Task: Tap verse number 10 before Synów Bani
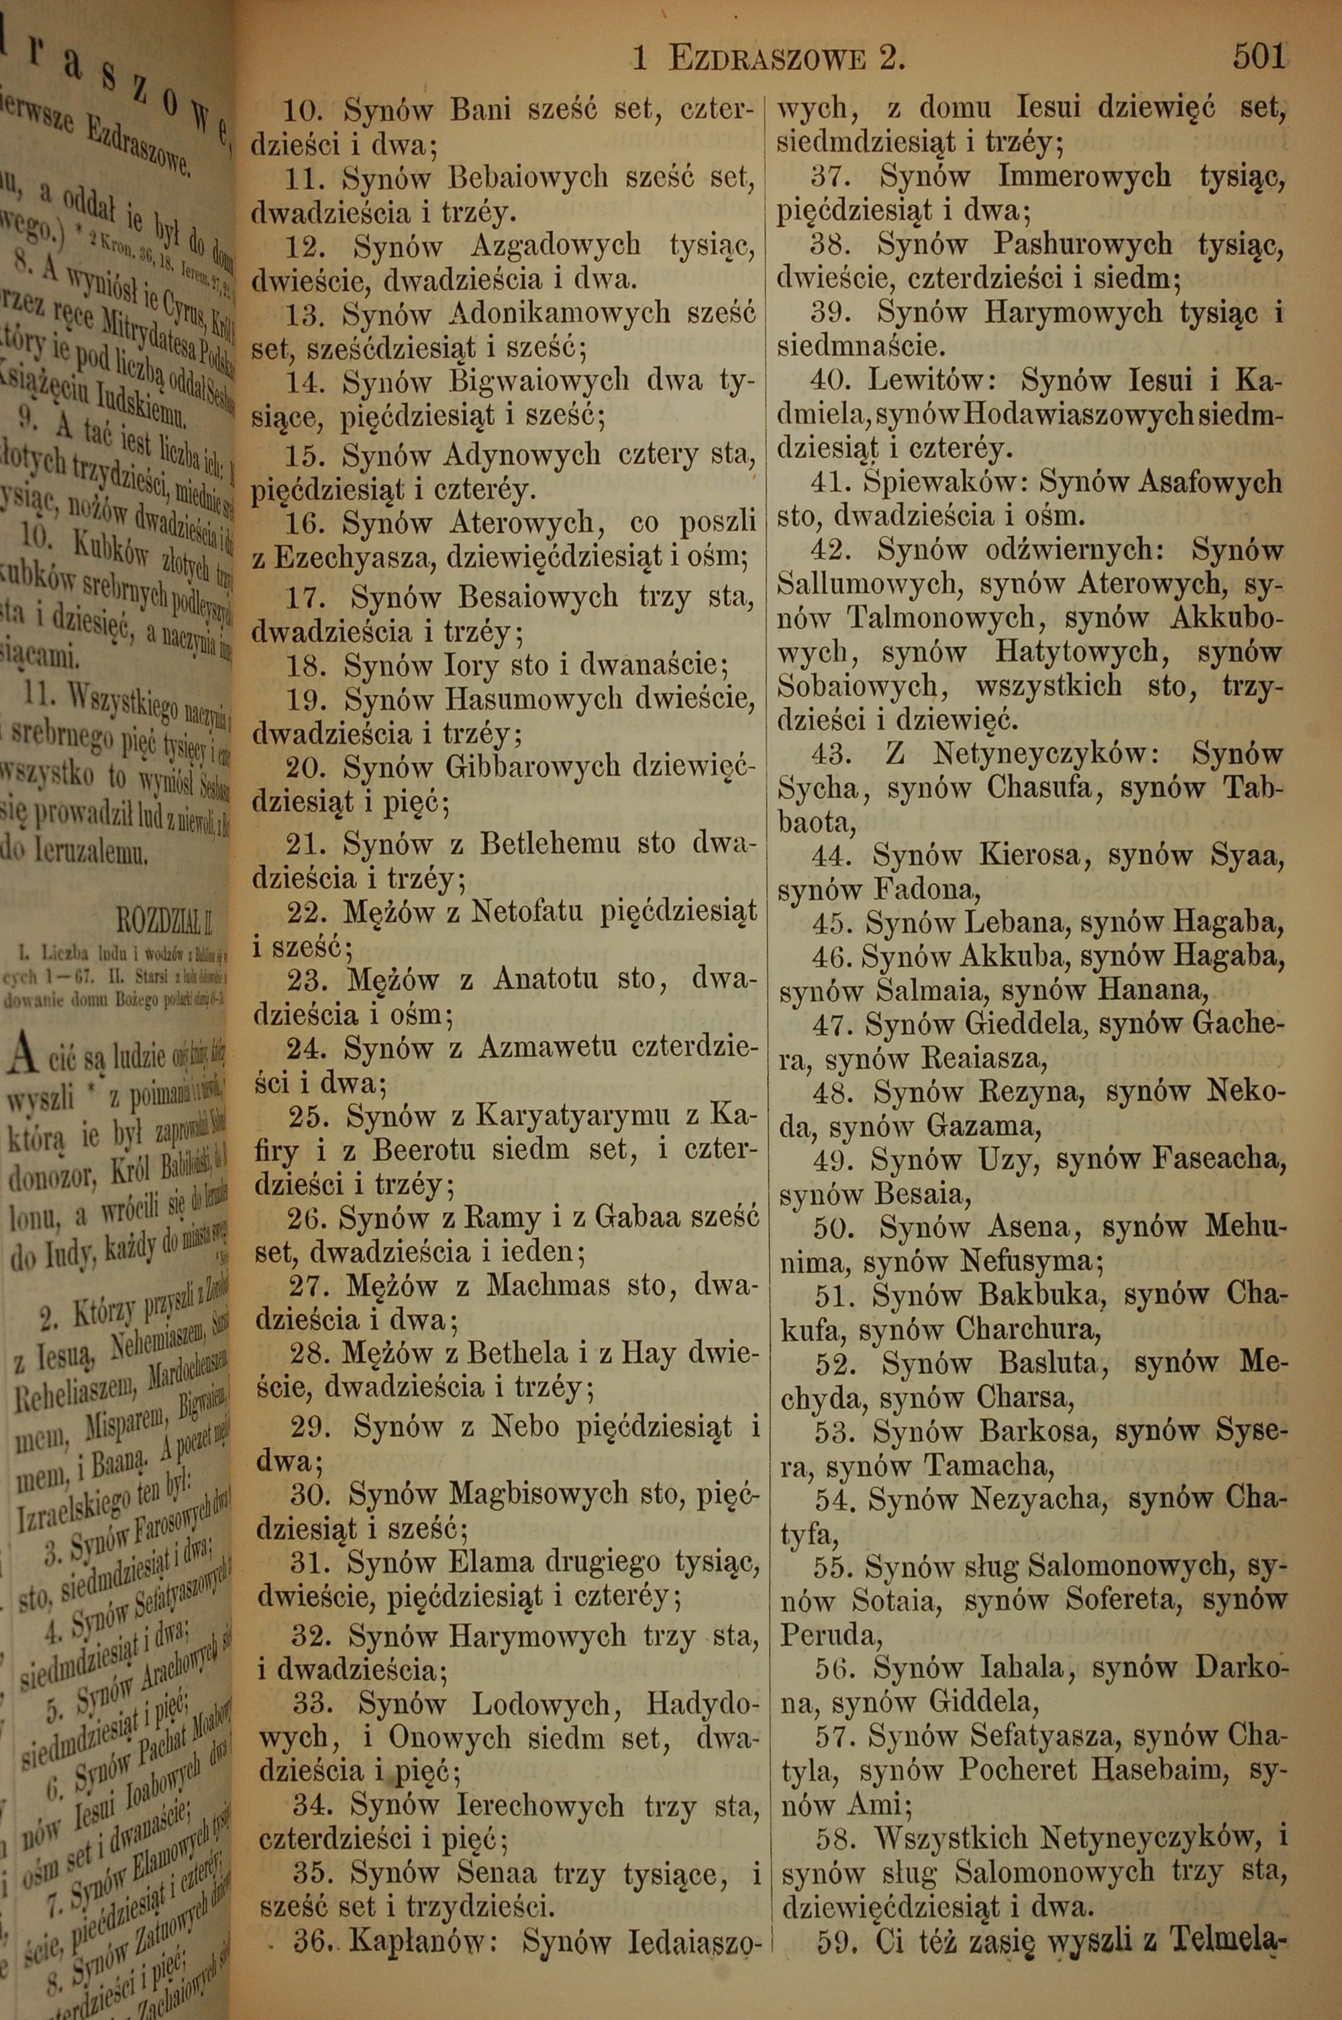click(301, 111)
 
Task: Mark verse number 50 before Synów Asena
click(829, 1227)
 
